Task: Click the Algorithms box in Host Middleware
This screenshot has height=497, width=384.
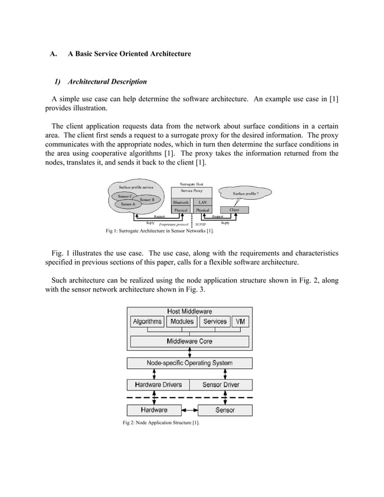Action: point(147,321)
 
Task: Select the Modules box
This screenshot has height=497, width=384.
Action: point(182,321)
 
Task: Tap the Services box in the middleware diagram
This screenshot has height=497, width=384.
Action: point(215,321)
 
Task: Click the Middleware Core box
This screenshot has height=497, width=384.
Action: point(189,341)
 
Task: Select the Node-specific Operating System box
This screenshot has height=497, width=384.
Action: point(189,363)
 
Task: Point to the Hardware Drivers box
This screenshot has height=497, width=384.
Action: point(158,384)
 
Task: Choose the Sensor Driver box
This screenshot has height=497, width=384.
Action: point(221,384)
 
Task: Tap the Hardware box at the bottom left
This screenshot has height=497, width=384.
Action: point(154,410)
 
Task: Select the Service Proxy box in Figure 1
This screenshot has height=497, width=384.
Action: point(191,190)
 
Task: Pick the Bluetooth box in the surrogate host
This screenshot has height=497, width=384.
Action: point(181,202)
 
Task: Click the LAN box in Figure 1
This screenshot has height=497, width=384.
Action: point(203,202)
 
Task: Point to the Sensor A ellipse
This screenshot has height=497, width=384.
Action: point(128,205)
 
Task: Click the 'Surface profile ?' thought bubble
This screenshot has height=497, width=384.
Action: point(244,194)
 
